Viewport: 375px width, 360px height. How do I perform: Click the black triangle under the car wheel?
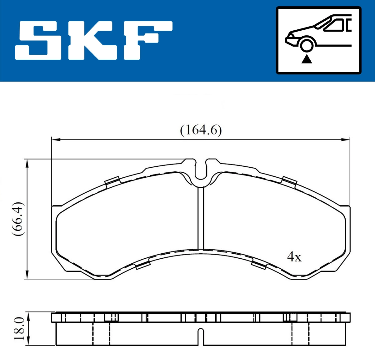tap(307, 58)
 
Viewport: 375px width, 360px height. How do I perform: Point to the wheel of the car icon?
tap(306, 44)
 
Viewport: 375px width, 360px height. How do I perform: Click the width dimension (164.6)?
tap(201, 130)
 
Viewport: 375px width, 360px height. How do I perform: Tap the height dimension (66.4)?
tap(18, 219)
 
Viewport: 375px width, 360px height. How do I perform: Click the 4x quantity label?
tap(294, 257)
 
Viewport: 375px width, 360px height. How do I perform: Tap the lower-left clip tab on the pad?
tap(142, 266)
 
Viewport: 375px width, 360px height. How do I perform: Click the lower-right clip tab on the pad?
tap(259, 265)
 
